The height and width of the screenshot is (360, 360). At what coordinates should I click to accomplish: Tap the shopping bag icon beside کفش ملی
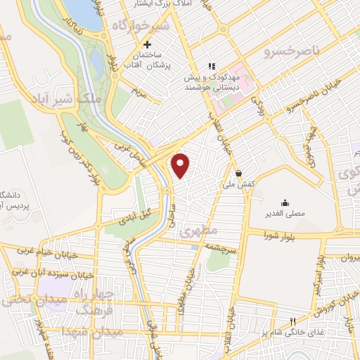click(239, 173)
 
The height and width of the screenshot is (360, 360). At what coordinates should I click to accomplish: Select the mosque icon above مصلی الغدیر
click(284, 202)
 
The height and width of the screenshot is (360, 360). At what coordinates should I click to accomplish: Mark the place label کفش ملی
click(238, 184)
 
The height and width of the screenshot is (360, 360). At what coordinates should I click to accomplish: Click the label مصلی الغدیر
click(285, 213)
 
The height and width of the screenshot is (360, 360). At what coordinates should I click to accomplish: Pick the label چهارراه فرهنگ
click(103, 298)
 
